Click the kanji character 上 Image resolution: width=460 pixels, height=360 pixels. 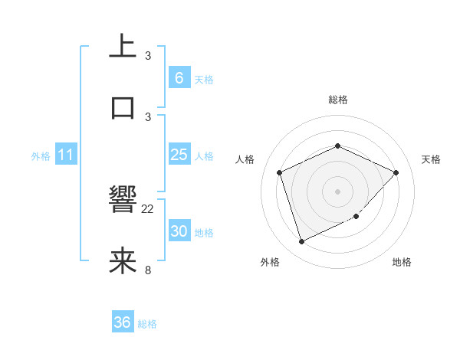(x=123, y=46)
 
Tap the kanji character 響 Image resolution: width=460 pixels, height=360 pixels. (x=123, y=201)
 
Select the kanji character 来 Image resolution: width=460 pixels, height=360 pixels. (x=123, y=261)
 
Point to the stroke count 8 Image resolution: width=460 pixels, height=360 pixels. (x=148, y=269)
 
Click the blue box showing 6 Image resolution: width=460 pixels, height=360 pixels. (x=179, y=77)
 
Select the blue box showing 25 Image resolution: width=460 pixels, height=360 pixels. (x=179, y=155)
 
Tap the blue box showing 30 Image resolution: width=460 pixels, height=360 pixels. (x=179, y=231)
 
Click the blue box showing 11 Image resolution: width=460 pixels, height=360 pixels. (x=65, y=155)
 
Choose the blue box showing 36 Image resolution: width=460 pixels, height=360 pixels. (x=122, y=322)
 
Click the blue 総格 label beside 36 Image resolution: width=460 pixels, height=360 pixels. (x=147, y=324)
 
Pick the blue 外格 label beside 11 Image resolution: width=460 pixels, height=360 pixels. (x=41, y=156)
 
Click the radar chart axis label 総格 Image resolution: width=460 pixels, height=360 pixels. (x=337, y=100)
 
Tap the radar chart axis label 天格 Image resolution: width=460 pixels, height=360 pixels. (x=431, y=159)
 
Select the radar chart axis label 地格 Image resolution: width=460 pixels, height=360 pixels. (x=402, y=263)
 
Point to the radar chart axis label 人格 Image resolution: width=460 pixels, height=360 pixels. (x=245, y=159)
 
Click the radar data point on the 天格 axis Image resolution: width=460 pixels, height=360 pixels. (x=396, y=172)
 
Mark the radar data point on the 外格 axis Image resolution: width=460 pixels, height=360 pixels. (x=301, y=242)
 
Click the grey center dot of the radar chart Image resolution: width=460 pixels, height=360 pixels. (x=337, y=191)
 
